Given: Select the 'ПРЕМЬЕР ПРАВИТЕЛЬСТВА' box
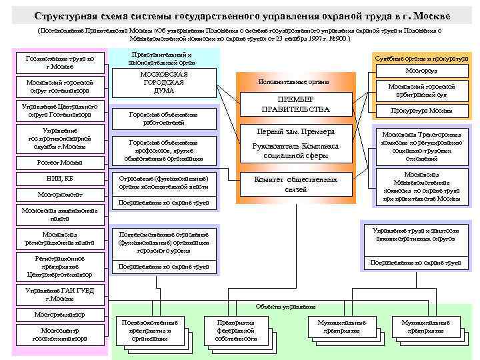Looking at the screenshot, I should [x=295, y=104].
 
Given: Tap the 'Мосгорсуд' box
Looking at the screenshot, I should [x=421, y=70].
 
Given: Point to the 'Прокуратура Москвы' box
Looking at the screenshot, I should [x=421, y=111].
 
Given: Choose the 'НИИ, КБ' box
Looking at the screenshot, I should [x=59, y=179].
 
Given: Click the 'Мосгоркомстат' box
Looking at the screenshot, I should [x=59, y=195].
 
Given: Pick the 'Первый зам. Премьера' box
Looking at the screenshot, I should [x=295, y=131].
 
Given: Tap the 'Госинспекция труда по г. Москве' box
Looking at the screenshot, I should [x=59, y=63].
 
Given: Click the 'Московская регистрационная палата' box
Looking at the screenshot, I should [x=59, y=239].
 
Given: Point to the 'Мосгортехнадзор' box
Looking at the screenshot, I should [x=59, y=313].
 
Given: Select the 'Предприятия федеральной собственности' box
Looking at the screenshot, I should [x=236, y=330].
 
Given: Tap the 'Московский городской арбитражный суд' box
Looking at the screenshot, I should [x=421, y=90].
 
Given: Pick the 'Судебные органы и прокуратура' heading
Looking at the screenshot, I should [x=421, y=59].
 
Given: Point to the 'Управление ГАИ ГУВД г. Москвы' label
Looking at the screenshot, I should [x=59, y=294].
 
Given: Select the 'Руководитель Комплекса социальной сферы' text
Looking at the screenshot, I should [x=295, y=151].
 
